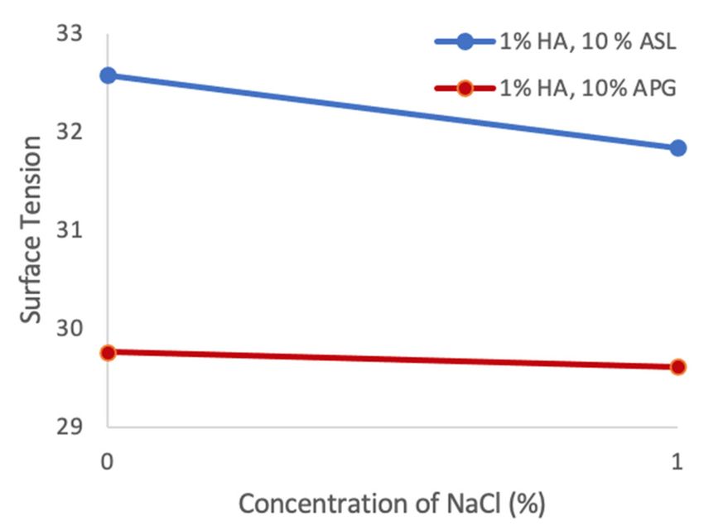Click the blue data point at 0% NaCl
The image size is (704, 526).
tap(108, 75)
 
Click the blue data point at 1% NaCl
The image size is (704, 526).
tap(677, 147)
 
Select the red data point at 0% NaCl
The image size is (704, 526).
tap(108, 353)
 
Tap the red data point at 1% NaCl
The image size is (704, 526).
tap(677, 366)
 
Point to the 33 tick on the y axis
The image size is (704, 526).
tap(71, 35)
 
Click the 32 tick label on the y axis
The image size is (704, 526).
tap(71, 133)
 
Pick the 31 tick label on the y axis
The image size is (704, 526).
tap(71, 230)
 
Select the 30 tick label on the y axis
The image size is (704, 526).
tap(71, 329)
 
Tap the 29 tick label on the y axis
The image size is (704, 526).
tap(71, 427)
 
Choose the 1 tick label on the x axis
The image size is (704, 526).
tap(677, 463)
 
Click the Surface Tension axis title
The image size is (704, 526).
tap(31, 230)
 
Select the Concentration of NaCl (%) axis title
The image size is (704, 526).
tap(393, 503)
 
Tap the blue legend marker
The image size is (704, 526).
tap(465, 42)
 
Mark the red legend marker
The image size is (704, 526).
tap(465, 88)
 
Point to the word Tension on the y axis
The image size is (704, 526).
tap(31, 187)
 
